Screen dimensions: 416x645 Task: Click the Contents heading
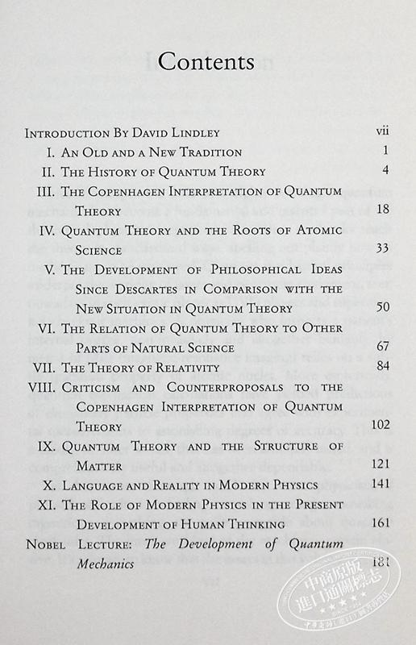(206, 62)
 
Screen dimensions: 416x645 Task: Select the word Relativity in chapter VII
(185, 368)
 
